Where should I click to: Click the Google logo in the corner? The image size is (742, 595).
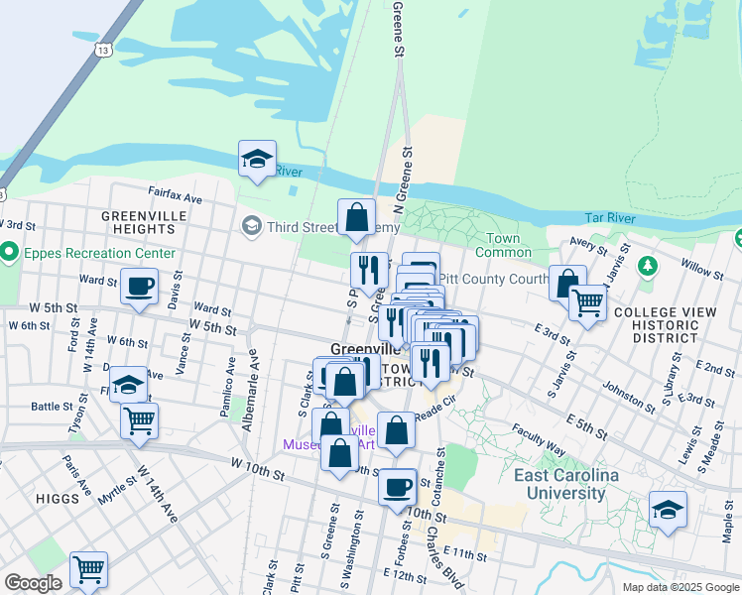tap(33, 583)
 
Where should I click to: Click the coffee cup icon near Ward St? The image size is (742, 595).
tap(139, 287)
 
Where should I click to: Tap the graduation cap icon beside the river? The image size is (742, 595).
tap(257, 159)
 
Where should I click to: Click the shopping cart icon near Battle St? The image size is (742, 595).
tap(139, 419)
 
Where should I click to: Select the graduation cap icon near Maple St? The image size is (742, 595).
tap(668, 510)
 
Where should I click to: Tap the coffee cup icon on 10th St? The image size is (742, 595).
tap(398, 487)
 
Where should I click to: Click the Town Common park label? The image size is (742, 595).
tap(510, 245)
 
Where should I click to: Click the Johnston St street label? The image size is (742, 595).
tap(627, 399)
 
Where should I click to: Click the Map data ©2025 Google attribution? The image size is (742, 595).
tap(680, 587)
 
